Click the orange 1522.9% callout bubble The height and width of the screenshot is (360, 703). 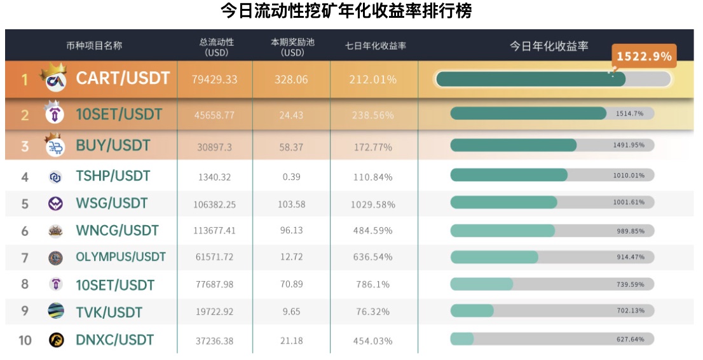pyautogui.click(x=643, y=56)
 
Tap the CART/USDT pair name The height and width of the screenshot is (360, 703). pyautogui.click(x=123, y=78)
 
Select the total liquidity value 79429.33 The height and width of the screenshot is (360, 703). pyautogui.click(x=214, y=80)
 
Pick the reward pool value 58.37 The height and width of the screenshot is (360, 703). pyautogui.click(x=292, y=146)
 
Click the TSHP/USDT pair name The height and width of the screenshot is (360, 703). pyautogui.click(x=113, y=176)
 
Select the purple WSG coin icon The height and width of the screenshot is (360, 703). pyautogui.click(x=56, y=204)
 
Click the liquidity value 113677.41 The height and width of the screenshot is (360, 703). pyautogui.click(x=214, y=231)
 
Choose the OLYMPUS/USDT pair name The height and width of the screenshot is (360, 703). pyautogui.click(x=121, y=258)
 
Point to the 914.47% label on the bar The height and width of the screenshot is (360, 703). pyautogui.click(x=631, y=257)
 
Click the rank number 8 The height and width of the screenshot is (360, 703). pyautogui.click(x=25, y=284)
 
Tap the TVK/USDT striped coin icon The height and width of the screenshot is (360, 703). pyautogui.click(x=56, y=312)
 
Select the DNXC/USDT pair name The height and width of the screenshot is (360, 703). pyautogui.click(x=115, y=340)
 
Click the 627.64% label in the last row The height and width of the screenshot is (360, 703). pyautogui.click(x=631, y=339)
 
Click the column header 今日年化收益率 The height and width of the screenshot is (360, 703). pyautogui.click(x=549, y=46)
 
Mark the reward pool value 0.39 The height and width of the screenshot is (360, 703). pyautogui.click(x=292, y=176)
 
